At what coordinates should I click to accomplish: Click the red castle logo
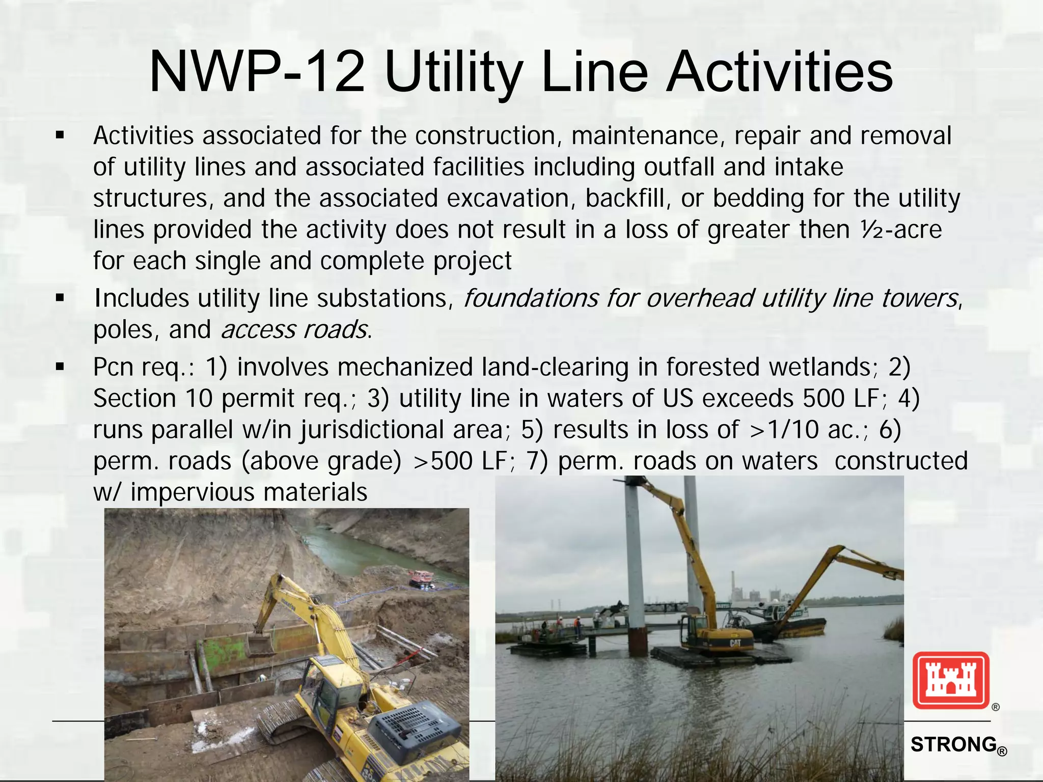[950, 680]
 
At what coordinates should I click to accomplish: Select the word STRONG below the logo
[953, 744]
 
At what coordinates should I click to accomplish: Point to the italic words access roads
[294, 330]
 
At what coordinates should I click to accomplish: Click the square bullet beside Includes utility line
[60, 298]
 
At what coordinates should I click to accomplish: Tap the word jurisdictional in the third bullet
[401, 430]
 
